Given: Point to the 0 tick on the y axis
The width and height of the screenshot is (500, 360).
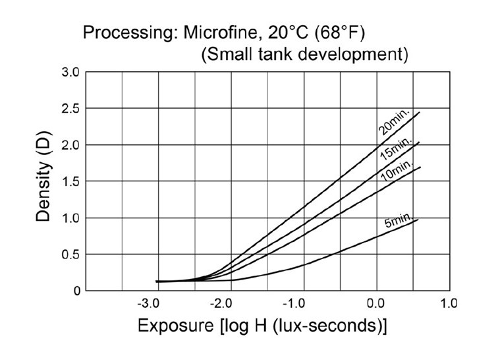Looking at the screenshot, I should pyautogui.click(x=76, y=290).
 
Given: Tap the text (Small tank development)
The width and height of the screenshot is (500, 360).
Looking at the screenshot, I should pyautogui.click(x=304, y=54).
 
